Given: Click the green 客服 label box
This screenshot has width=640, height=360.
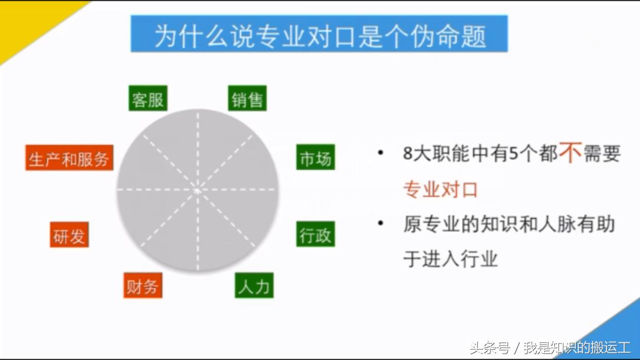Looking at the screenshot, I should click(148, 99).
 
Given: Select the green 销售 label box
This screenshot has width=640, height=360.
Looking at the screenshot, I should click(247, 98).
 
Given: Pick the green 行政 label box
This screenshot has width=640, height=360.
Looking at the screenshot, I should click(315, 234).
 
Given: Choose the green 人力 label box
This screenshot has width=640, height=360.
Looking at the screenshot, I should click(254, 286).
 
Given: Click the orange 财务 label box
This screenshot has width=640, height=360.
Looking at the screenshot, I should click(142, 286).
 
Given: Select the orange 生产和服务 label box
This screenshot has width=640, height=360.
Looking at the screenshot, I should click(69, 158).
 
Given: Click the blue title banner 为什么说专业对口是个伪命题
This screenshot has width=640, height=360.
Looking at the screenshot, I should click(319, 34).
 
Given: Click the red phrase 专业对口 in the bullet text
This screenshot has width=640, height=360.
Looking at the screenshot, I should click(440, 190).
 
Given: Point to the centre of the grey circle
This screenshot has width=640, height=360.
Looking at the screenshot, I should click(198, 190).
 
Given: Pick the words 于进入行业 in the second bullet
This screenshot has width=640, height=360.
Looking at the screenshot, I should click(450, 258).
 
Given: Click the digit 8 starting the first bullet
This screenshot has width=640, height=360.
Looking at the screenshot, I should click(408, 154).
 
